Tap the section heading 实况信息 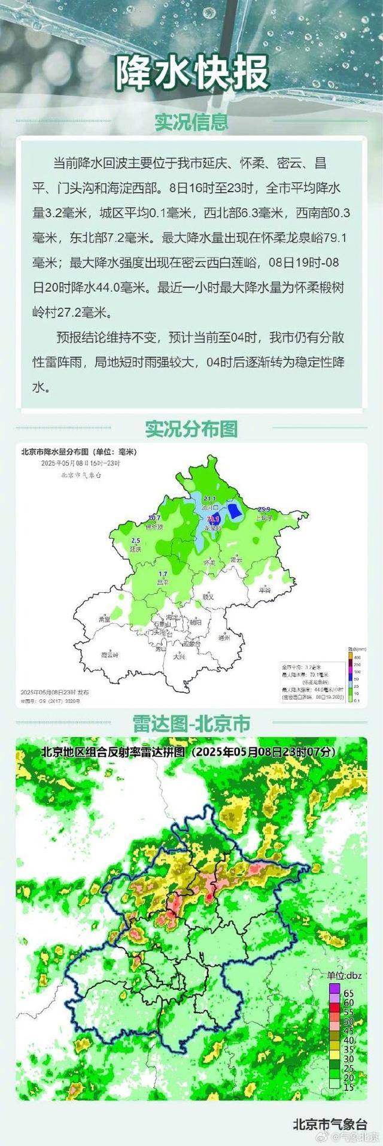point(191,122)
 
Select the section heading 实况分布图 point(191,429)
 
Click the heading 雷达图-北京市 point(191,723)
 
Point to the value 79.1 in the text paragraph point(335,238)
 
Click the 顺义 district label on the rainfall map point(208,596)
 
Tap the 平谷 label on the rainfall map point(265,590)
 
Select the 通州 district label point(224,638)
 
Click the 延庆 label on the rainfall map point(135,548)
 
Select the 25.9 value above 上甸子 point(264,509)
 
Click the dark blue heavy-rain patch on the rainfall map point(236,511)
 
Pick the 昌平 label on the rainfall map point(163,581)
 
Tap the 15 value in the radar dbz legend point(348,1071)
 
